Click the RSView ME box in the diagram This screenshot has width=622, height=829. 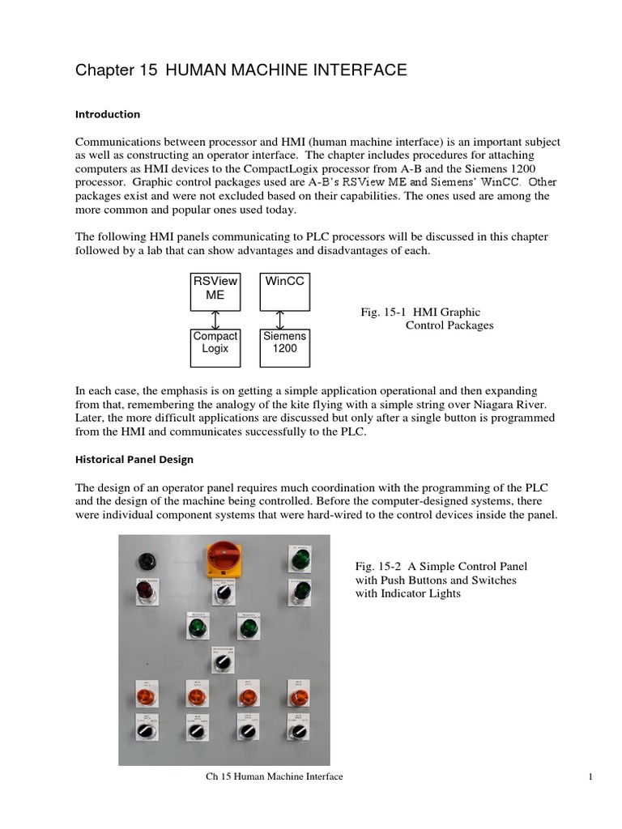215,292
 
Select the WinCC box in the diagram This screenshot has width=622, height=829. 283,292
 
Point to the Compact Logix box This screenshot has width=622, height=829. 215,343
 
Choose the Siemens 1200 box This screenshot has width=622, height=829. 283,343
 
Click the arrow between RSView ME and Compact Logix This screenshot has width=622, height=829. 215,319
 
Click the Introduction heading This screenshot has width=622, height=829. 108,114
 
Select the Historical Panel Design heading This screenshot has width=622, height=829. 134,459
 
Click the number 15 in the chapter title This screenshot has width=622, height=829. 148,71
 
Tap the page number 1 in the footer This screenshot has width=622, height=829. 592,777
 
